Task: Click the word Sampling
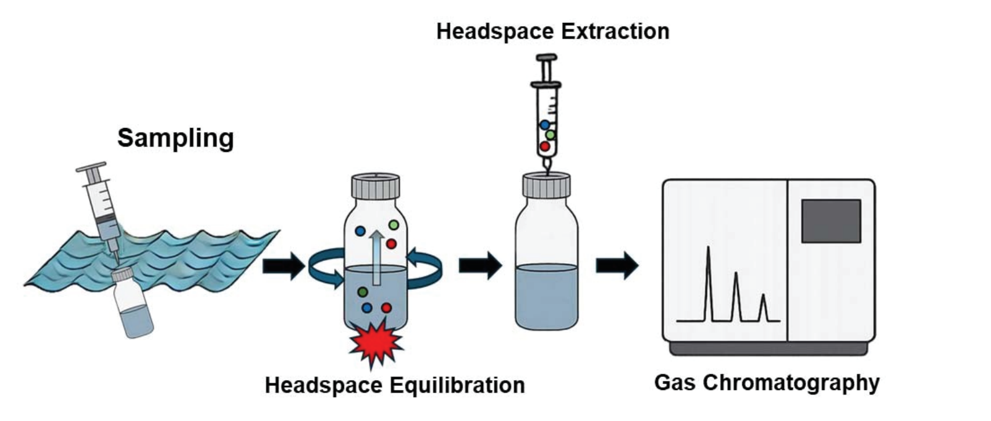click(175, 138)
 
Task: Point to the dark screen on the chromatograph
click(830, 221)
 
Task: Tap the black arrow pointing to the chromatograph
click(616, 265)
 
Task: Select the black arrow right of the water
click(283, 266)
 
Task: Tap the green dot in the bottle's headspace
click(393, 225)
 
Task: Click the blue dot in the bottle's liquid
click(367, 307)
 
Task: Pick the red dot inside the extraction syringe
click(544, 147)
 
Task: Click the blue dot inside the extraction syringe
click(544, 125)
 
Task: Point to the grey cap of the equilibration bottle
click(375, 185)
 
